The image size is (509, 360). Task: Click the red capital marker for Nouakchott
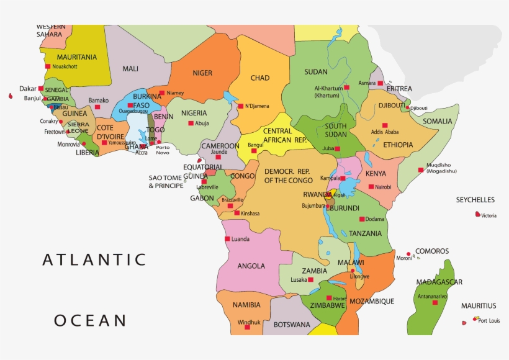point(47,66)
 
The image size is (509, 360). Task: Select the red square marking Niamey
point(161,93)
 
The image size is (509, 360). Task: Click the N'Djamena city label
point(257,106)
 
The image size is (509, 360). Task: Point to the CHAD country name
point(260,78)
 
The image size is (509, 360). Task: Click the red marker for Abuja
point(191,123)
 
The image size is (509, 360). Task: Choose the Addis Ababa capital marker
point(385,125)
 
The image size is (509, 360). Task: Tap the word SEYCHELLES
point(475,200)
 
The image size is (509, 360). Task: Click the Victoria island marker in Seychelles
point(477,215)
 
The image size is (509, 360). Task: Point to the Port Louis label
point(490,321)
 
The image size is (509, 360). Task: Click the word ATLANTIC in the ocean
point(94,259)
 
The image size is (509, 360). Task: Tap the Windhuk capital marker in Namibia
point(247,327)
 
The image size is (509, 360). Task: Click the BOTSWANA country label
point(291,325)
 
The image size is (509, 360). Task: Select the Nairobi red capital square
point(371,186)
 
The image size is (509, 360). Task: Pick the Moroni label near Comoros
point(404,258)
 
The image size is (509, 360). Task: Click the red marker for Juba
point(337,149)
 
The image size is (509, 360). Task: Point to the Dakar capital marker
point(41,88)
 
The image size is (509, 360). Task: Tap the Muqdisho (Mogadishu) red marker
point(420,169)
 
